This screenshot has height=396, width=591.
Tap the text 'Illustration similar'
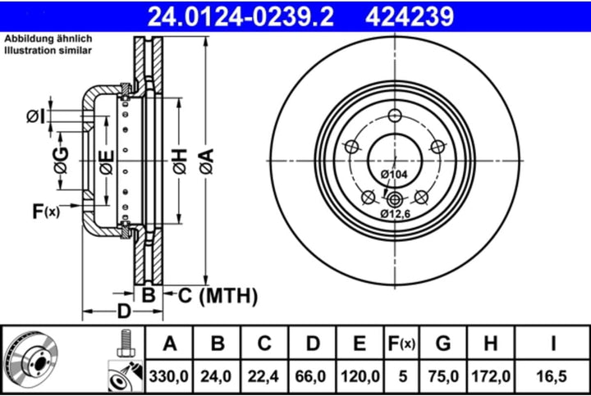click(x=48, y=50)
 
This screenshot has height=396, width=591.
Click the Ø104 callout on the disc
click(x=395, y=174)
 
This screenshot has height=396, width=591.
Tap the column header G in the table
click(x=442, y=344)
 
